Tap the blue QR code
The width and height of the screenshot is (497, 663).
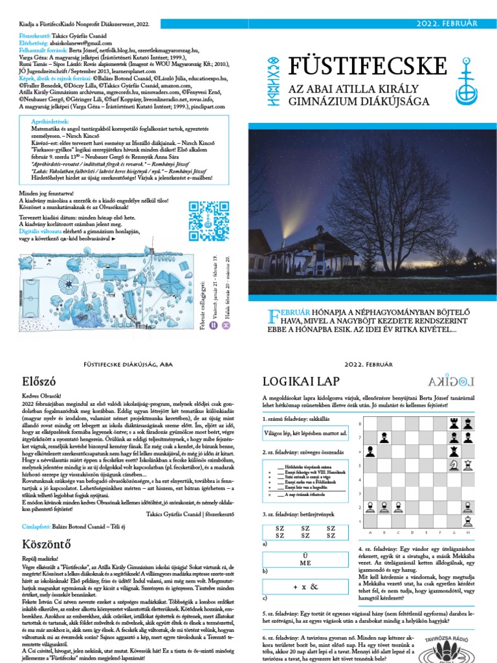[204, 216]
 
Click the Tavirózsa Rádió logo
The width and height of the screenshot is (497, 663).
[443, 647]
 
